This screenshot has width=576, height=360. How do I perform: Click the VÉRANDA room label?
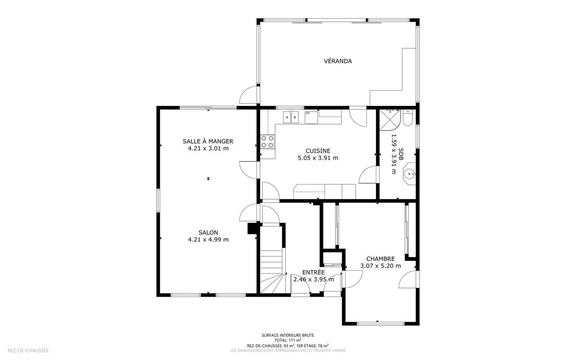pos(337,61)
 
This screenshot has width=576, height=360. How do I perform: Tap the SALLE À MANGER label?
pos(208,141)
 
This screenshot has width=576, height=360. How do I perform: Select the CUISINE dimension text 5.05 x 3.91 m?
pos(318,158)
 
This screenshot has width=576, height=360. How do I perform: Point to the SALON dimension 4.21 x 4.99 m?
pos(208,240)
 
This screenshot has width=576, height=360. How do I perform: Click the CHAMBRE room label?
pos(381,259)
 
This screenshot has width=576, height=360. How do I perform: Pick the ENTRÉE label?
pos(313,272)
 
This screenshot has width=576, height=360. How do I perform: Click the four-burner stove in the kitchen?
pos(267,142)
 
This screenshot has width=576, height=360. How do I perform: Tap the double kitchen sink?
pos(291,117)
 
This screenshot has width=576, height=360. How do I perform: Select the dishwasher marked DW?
pos(312,118)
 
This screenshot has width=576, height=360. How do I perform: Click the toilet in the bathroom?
pos(408,118)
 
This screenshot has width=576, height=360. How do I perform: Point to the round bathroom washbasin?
pos(409,174)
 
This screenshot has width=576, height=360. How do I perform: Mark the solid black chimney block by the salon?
pos(252,228)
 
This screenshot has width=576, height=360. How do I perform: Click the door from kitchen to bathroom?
pos(369,175)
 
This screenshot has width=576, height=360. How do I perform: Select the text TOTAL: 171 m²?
pos(288,340)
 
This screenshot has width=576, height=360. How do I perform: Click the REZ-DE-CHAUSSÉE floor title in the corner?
pos(28,350)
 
